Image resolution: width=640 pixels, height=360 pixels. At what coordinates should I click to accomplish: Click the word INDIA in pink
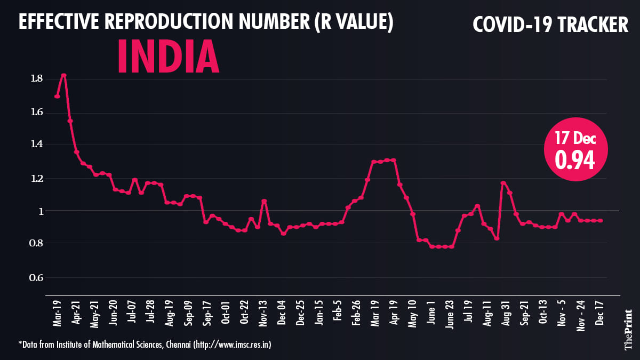[168, 55]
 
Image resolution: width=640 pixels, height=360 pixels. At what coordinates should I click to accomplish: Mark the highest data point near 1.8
[63, 75]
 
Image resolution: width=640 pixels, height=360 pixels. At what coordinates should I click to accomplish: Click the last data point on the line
[601, 220]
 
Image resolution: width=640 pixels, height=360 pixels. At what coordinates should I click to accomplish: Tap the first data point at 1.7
[57, 96]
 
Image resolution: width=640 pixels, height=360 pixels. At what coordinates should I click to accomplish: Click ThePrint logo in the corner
[628, 329]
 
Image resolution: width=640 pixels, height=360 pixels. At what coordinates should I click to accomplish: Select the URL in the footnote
[233, 345]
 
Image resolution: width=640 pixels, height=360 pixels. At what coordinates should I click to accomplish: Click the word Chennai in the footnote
[174, 345]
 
